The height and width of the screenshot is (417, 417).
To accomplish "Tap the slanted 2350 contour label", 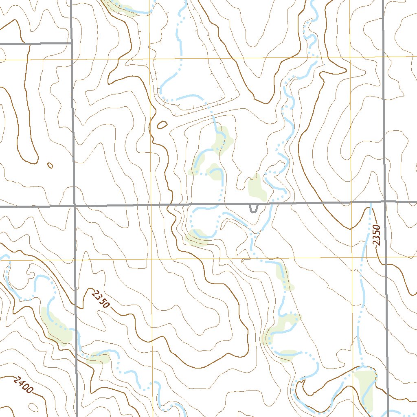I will (100, 298).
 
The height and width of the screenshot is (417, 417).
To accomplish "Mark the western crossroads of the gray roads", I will (75, 206).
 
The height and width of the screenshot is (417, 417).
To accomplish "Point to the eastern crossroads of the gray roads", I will (384, 201).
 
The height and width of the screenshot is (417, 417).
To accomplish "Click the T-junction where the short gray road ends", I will (71, 42).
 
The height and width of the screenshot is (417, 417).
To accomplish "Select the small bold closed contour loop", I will (162, 125).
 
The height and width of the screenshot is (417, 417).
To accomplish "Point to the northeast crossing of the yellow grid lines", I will (351, 57).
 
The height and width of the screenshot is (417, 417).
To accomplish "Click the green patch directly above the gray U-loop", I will (257, 188).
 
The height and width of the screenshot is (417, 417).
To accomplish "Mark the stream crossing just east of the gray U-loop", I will (270, 203).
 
